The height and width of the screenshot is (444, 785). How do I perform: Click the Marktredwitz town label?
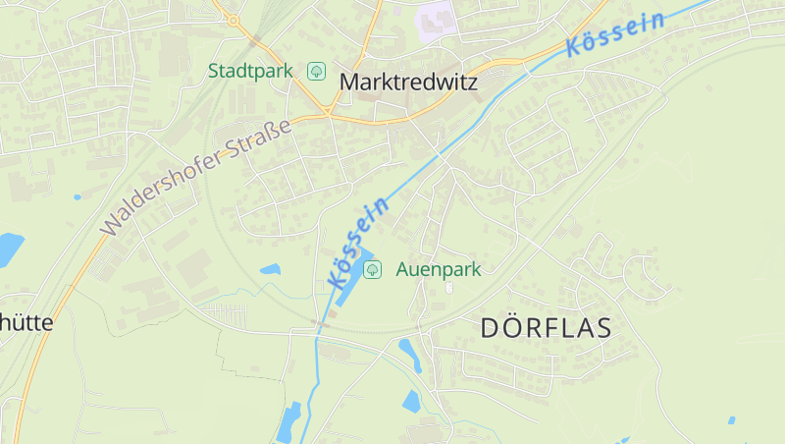408,83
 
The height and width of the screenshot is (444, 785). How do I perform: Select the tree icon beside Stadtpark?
317,71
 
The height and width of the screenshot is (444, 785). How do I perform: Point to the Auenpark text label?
439,269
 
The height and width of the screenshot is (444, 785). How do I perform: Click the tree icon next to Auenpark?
372,269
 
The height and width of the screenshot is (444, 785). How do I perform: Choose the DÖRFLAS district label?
546,328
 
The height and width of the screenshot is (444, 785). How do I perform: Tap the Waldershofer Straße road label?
197,177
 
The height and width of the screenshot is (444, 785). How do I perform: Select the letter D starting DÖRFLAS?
492,328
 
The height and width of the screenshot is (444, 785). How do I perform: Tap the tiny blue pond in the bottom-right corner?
731,420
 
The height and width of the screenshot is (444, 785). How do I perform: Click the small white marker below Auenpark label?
449,288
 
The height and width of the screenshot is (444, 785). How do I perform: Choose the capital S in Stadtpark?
214,71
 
